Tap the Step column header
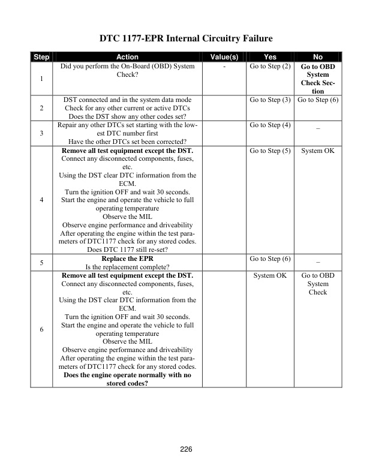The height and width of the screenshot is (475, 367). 41,57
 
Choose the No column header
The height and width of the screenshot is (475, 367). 318,57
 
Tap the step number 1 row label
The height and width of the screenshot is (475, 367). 41,79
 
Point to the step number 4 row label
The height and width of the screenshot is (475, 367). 41,200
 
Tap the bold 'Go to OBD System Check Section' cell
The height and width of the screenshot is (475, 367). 318,79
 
